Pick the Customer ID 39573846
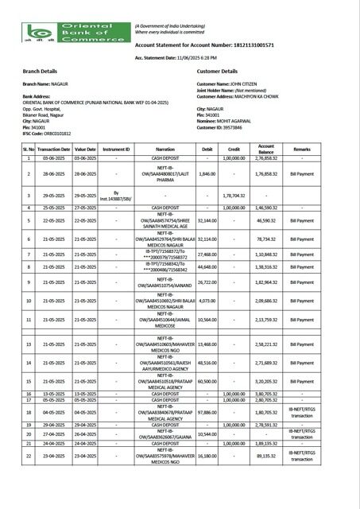[243, 127]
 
